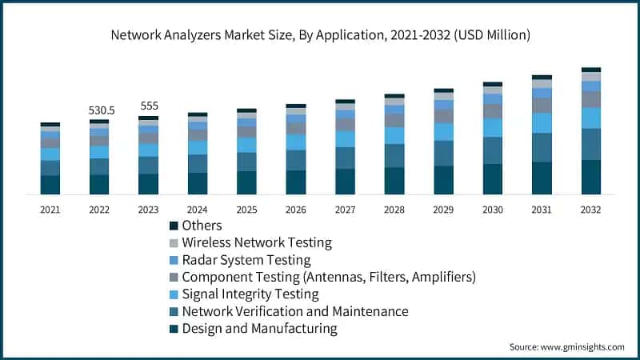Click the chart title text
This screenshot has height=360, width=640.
[320, 35]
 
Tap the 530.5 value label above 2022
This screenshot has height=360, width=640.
[99, 110]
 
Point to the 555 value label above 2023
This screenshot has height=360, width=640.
[148, 106]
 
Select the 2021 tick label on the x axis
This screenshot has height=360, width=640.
[50, 209]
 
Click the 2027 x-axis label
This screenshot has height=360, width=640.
[345, 209]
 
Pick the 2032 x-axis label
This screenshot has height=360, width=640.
[590, 209]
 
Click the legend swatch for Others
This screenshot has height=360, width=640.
[174, 226]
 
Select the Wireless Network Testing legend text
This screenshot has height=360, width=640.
[256, 242]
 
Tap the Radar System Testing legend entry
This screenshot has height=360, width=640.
[246, 260]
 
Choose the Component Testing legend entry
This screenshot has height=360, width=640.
[328, 277]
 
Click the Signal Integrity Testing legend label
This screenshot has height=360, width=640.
[250, 294]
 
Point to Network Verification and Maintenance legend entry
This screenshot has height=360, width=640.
[294, 311]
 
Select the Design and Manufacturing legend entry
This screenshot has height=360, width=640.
[259, 329]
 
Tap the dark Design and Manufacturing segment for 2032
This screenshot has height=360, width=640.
[591, 177]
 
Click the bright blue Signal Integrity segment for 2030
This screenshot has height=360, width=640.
[493, 127]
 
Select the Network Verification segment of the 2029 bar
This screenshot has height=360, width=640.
[443, 153]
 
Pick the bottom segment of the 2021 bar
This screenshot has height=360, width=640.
[50, 185]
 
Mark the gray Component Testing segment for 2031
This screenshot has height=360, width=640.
[542, 105]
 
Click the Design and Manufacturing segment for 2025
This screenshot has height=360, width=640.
[246, 182]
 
